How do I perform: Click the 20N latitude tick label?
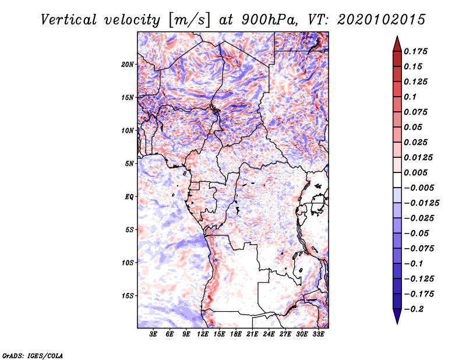pyautogui.click(x=128, y=65)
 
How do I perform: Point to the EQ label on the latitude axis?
pyautogui.click(x=129, y=197)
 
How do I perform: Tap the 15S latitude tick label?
pyautogui.click(x=128, y=296)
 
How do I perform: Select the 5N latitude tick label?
pyautogui.click(x=129, y=164)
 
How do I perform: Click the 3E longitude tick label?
pyautogui.click(x=153, y=334)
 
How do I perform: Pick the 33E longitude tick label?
pyautogui.click(x=318, y=334)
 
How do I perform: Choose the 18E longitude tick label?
pyautogui.click(x=236, y=334)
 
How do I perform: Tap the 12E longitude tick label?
pyautogui.click(x=203, y=334)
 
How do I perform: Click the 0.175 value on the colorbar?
pyautogui.click(x=416, y=51)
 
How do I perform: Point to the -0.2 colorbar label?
pyautogui.click(x=414, y=309)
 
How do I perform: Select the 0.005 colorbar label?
pyautogui.click(x=416, y=172)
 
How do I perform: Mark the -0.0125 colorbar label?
pyautogui.click(x=421, y=203)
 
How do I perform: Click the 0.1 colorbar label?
pyautogui.click(x=410, y=97)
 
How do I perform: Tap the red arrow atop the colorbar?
pyautogui.click(x=397, y=44)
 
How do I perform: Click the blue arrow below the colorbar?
pyautogui.click(x=397, y=316)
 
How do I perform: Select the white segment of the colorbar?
pyautogui.click(x=397, y=180)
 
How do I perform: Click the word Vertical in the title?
pyautogui.click(x=69, y=20)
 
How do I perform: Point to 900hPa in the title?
pyautogui.click(x=270, y=20)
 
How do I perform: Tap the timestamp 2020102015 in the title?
pyautogui.click(x=382, y=20)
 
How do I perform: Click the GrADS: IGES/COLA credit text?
pyautogui.click(x=33, y=355)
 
